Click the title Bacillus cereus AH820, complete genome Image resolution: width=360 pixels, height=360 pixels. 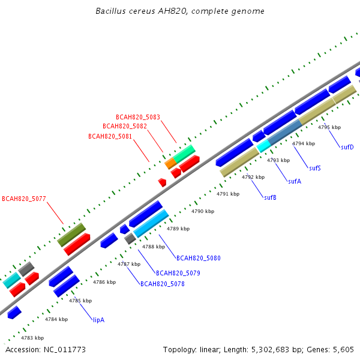[x=180, y=11]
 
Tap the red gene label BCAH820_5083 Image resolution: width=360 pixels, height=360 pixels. [x=138, y=118]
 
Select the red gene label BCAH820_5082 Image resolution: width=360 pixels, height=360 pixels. [x=125, y=126]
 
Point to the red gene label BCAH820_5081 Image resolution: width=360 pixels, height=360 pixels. [x=110, y=136]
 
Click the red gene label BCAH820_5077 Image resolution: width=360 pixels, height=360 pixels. [x=24, y=199]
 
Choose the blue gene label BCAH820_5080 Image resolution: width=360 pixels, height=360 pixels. [x=199, y=258]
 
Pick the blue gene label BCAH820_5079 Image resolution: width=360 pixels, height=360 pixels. [x=178, y=273]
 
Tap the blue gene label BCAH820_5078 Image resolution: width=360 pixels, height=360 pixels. [x=163, y=284]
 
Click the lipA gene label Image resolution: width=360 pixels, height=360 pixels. [x=99, y=320]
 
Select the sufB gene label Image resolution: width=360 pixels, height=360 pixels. [x=270, y=197]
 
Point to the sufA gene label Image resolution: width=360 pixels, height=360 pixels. [x=295, y=181]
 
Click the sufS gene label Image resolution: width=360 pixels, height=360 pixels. [x=315, y=168]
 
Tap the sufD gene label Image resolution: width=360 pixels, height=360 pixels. [x=347, y=147]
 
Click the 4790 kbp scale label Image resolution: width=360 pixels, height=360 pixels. [x=203, y=211]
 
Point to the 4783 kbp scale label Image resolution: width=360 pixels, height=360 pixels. [x=32, y=338]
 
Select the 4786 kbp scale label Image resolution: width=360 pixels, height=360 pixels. [x=104, y=282]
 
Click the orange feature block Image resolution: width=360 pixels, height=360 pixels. [x=170, y=163]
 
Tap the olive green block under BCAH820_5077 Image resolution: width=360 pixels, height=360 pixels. [x=71, y=235]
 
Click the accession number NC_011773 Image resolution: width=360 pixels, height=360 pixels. [x=65, y=350]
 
